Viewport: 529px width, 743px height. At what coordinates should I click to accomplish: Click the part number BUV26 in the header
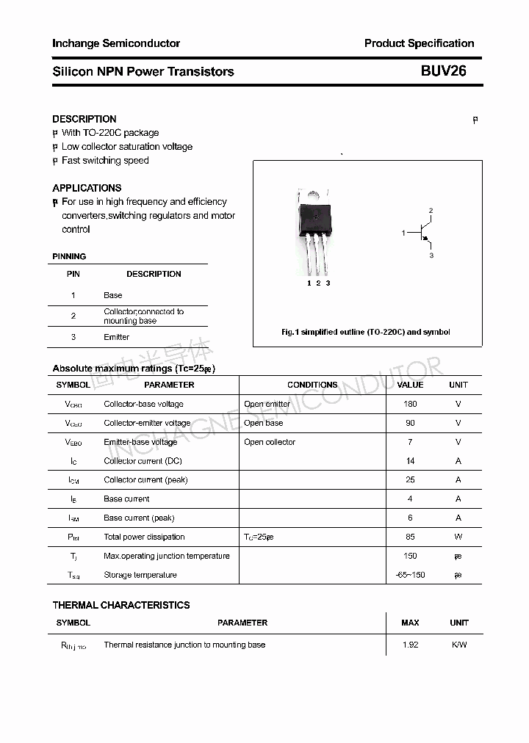(443, 71)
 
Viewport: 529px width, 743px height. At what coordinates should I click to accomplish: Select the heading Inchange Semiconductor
(116, 43)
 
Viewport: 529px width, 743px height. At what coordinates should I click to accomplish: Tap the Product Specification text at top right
(419, 43)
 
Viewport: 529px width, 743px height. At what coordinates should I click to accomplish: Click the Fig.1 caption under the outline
(366, 332)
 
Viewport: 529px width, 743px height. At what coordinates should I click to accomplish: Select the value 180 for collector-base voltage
(410, 404)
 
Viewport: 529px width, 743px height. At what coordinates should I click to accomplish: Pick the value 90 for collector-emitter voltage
(410, 423)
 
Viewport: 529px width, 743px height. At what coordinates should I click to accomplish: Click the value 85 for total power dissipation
(410, 537)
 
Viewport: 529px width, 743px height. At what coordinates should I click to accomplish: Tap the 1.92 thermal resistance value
(410, 645)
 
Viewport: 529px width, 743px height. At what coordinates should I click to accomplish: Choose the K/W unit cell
(458, 645)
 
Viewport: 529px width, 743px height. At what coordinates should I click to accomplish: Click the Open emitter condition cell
(267, 404)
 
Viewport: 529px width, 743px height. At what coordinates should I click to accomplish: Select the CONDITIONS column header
(312, 385)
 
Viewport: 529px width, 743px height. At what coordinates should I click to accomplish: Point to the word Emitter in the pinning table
(116, 337)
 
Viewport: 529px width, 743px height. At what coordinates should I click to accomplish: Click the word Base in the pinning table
(113, 295)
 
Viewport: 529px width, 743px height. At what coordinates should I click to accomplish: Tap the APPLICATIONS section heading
(87, 188)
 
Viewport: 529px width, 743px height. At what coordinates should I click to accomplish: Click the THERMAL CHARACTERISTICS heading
(121, 605)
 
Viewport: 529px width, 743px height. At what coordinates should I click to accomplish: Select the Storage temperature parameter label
(140, 575)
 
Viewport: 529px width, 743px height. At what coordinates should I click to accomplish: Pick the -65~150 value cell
(410, 575)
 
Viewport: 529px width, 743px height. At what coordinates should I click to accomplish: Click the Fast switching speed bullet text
(105, 160)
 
